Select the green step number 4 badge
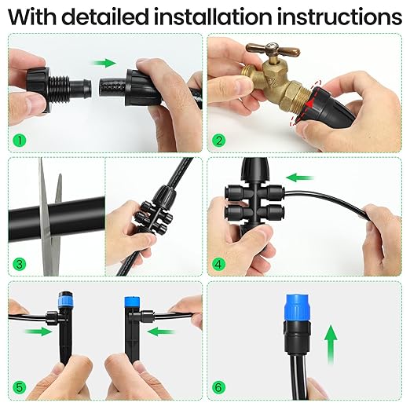click(x=221, y=263)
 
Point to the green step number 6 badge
click(x=221, y=387)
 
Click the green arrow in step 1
click(x=103, y=62)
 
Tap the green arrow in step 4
click(x=296, y=178)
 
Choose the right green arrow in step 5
click(x=162, y=332)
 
